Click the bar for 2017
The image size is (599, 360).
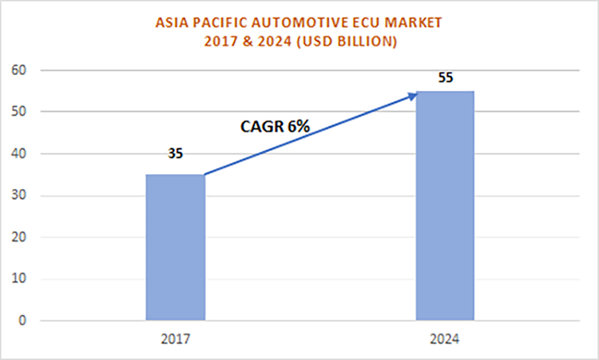tap(175, 247)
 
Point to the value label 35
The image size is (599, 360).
tap(175, 152)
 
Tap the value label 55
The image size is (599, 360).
tap(446, 79)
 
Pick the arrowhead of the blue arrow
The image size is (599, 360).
tap(413, 95)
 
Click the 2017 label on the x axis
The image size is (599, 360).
tap(175, 338)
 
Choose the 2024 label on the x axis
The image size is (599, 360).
tap(445, 338)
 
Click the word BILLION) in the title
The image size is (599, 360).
tap(363, 42)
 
